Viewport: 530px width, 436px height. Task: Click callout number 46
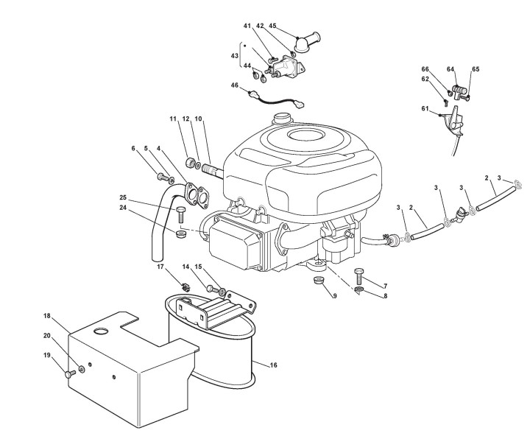click(x=235, y=85)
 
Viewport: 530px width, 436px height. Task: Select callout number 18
click(x=46, y=316)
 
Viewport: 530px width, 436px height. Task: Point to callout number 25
click(x=124, y=197)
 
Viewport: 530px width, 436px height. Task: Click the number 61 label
click(x=425, y=108)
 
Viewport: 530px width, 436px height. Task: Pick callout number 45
click(x=273, y=26)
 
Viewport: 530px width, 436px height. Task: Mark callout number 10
click(x=199, y=119)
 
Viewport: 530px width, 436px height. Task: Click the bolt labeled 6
click(x=160, y=176)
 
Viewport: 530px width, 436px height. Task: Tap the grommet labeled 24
click(x=180, y=235)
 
